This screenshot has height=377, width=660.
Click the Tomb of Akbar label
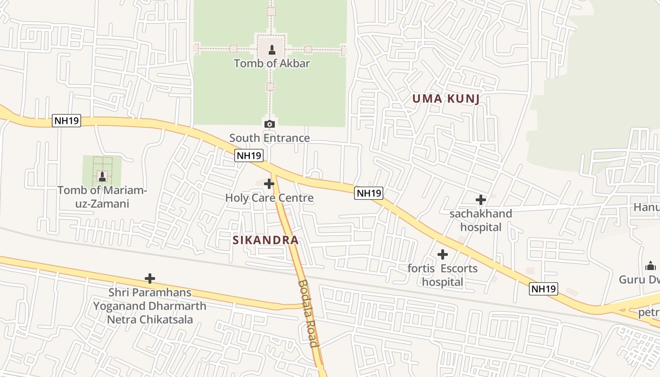[x=272, y=63]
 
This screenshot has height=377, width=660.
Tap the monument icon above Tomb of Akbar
[x=272, y=49]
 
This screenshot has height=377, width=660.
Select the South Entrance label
[x=270, y=138]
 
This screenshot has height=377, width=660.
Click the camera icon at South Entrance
[x=270, y=124]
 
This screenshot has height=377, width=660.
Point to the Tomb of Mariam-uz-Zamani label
[x=102, y=197]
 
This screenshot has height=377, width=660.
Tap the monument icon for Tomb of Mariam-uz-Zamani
[x=102, y=177]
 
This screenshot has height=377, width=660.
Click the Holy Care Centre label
[x=269, y=198]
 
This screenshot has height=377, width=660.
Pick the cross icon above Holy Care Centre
[x=269, y=183]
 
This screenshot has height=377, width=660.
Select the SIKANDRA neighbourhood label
[x=265, y=240]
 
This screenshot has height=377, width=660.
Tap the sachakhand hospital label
[x=480, y=220]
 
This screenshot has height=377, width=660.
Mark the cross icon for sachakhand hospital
[x=480, y=200]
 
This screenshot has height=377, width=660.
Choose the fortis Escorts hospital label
[x=443, y=275]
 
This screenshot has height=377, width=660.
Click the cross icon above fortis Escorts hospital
[x=443, y=254]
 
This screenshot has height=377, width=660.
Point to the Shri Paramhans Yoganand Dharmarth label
[x=149, y=306]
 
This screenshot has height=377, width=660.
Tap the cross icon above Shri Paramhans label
[x=150, y=279]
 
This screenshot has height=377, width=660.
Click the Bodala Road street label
[x=308, y=313]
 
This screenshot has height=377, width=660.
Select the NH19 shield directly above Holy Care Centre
[x=248, y=156]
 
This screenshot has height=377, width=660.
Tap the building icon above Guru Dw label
[x=651, y=265]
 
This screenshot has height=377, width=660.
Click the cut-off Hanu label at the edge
[x=646, y=207]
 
